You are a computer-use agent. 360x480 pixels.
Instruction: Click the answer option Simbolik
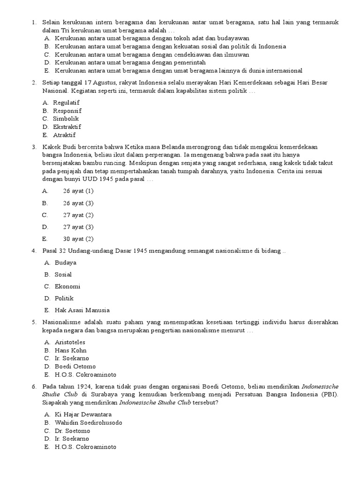coord(66,119)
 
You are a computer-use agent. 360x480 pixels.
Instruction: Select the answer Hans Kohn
coord(70,350)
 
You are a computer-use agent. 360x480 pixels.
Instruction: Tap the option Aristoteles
coord(70,342)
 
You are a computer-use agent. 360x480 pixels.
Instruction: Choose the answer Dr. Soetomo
coord(72,430)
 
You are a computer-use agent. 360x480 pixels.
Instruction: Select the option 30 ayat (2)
coord(78,239)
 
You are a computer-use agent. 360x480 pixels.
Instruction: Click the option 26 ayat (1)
coord(78,191)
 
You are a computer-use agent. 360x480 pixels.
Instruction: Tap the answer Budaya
coord(65,262)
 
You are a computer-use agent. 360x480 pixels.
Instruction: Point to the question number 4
coord(34,251)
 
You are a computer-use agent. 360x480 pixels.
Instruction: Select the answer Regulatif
coord(67,103)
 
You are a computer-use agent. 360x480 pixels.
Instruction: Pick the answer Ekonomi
coord(67,286)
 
